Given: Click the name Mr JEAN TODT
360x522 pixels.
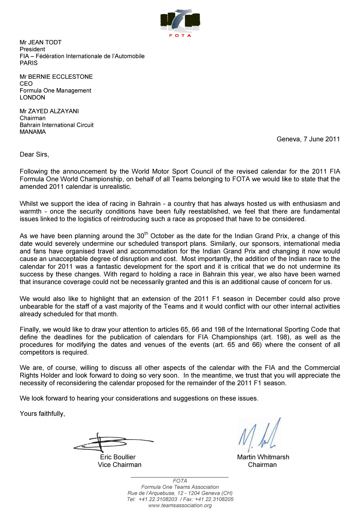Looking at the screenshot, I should click(41, 42).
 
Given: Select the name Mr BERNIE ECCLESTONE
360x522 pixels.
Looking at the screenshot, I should click(56, 77).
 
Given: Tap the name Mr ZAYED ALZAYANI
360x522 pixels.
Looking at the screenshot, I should click(49, 111).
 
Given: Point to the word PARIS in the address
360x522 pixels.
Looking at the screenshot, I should click(29, 63).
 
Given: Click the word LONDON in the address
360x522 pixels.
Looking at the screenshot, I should click(32, 98).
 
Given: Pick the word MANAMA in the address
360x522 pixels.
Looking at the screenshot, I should click(33, 132).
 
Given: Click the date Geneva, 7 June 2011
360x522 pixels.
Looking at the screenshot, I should click(308, 139).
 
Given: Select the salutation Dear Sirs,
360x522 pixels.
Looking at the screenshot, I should click(34, 155).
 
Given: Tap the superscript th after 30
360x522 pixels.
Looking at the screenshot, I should click(146, 234).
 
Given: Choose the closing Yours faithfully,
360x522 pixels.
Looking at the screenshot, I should click(42, 414).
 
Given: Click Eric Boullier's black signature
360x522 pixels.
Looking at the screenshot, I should click(108, 442).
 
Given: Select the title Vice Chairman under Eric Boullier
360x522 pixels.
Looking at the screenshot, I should click(120, 465).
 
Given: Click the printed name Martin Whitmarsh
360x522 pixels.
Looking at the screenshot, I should click(263, 457).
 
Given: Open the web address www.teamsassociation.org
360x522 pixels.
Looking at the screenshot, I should click(180, 505).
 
